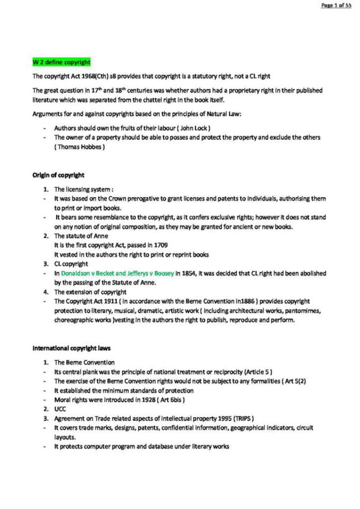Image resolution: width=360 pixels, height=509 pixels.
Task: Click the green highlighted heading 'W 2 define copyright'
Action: coord(61,62)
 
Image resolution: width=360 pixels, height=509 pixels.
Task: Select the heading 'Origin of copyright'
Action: coord(58,175)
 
